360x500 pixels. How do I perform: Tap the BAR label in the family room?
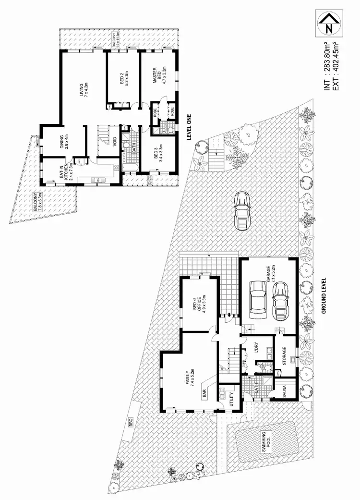[x=205, y=393]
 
